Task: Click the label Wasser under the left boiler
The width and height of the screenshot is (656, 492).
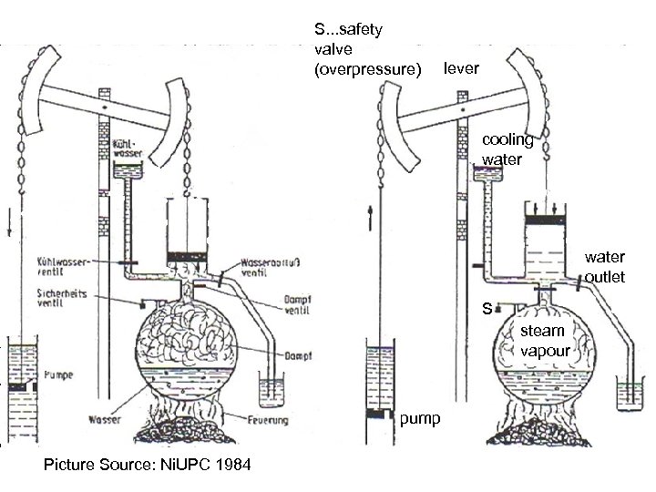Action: point(101,420)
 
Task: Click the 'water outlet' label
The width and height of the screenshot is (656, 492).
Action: point(605,267)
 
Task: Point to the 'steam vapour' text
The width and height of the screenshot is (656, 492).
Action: point(545,341)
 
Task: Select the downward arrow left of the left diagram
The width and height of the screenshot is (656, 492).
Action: point(6,222)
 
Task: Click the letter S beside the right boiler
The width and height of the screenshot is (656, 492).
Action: point(488,309)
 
